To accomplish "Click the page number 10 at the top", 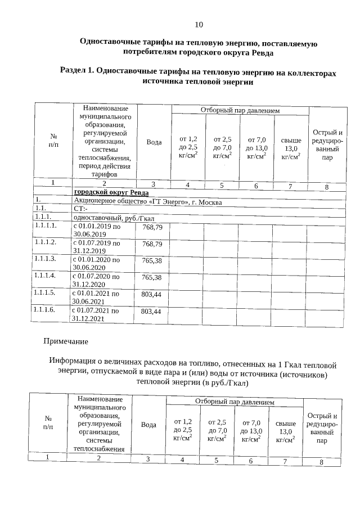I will click(x=199, y=24).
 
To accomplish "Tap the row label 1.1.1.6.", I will click(x=46, y=310).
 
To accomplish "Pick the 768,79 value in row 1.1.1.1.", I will click(x=152, y=227).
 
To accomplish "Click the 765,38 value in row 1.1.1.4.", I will click(x=152, y=277).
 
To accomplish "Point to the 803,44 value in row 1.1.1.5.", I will click(x=151, y=294).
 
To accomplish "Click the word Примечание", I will click(x=66, y=341).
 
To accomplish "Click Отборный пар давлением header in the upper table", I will click(x=240, y=111).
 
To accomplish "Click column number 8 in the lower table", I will click(x=321, y=462).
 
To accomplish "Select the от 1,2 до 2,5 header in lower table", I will click(x=183, y=429).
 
